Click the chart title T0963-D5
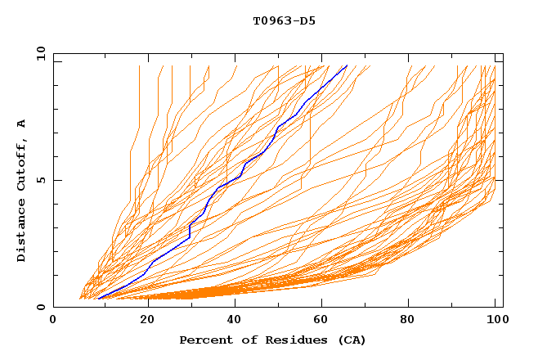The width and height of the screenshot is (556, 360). coord(284,20)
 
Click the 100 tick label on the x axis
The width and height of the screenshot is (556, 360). coord(496,321)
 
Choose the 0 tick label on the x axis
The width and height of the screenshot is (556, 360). coord(54,321)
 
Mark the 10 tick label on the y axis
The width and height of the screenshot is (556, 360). coord(38,53)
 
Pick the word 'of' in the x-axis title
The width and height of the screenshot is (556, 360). coord(242,340)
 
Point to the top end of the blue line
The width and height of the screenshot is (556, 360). coord(347,65)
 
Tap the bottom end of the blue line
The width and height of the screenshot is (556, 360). coord(98,299)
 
